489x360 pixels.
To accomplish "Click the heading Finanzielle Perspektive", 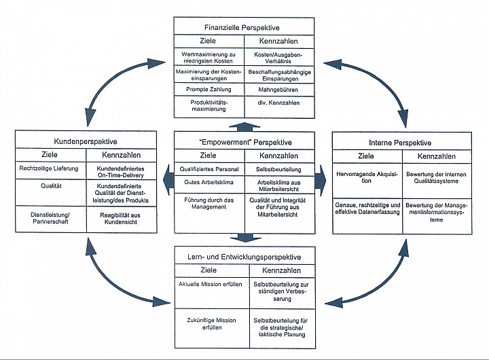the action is click(242, 27).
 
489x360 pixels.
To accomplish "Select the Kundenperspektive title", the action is click(86, 142).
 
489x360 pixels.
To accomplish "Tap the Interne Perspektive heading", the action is click(400, 143).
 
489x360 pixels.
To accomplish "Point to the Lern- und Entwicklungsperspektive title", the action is click(244, 257).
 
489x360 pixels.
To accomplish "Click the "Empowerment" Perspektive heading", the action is click(245, 143).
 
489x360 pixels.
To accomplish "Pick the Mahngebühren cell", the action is click(278, 90).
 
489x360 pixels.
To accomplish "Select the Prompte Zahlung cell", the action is click(209, 90).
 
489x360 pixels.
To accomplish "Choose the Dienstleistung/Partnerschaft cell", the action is click(50, 218).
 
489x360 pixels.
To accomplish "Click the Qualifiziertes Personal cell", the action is click(209, 169).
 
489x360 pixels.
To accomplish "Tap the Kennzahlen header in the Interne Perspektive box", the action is click(437, 156).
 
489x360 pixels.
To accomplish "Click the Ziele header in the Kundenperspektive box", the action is click(50, 155).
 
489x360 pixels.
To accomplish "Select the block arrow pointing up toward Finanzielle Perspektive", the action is click(244, 127).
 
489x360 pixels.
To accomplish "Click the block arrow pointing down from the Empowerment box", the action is click(245, 238).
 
